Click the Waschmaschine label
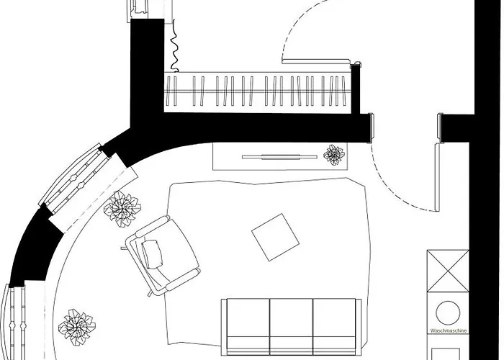click(448, 330)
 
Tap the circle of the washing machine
click(448, 312)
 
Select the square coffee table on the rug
click(275, 237)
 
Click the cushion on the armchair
click(152, 254)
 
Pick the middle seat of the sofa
click(291, 326)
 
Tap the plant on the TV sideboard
click(334, 155)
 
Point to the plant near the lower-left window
click(77, 327)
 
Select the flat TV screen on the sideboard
click(279, 157)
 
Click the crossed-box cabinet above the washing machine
click(448, 271)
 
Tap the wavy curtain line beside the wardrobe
click(174, 45)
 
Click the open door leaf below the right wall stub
click(437, 177)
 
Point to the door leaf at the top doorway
click(315, 61)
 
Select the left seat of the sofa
click(248, 326)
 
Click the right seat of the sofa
click(334, 326)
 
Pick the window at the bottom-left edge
click(14, 322)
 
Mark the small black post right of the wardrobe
click(355, 88)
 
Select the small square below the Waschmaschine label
click(446, 354)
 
